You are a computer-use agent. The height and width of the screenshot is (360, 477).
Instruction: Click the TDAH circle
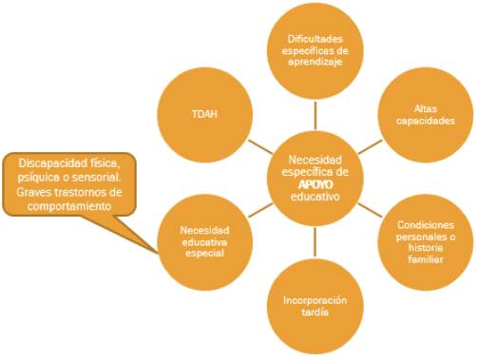pyautogui.click(x=205, y=115)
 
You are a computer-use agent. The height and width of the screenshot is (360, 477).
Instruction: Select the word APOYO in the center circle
pyautogui.click(x=315, y=184)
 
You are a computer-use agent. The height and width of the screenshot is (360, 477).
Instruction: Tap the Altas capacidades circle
pyautogui.click(x=426, y=115)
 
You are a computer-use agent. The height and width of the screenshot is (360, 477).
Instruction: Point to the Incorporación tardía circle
pyautogui.click(x=315, y=306)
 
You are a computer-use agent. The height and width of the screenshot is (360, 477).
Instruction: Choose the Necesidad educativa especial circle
pyautogui.click(x=205, y=242)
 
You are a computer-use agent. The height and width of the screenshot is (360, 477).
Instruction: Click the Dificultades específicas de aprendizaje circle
pyautogui.click(x=315, y=50)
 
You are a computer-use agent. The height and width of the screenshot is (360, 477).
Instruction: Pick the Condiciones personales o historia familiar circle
pyautogui.click(x=426, y=242)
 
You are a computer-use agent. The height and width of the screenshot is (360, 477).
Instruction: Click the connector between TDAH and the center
pyautogui.click(x=260, y=147)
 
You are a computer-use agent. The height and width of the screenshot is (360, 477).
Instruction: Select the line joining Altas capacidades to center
pyautogui.click(x=370, y=147)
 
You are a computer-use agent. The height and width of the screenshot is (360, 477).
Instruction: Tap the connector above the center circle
pyautogui.click(x=315, y=115)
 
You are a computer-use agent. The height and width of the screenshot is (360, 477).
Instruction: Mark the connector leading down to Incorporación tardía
pyautogui.click(x=315, y=242)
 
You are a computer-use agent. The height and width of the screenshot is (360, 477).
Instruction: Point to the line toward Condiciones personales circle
pyautogui.click(x=370, y=210)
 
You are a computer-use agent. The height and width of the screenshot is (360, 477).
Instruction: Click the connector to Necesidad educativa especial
pyautogui.click(x=260, y=210)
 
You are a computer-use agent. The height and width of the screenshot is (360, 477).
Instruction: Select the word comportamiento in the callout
pyautogui.click(x=69, y=207)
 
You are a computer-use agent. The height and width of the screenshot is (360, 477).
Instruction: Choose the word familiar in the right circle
pyautogui.click(x=426, y=259)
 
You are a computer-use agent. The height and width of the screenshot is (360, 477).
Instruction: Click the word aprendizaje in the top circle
pyautogui.click(x=315, y=62)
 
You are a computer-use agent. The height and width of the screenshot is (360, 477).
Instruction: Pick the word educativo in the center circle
pyautogui.click(x=315, y=197)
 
